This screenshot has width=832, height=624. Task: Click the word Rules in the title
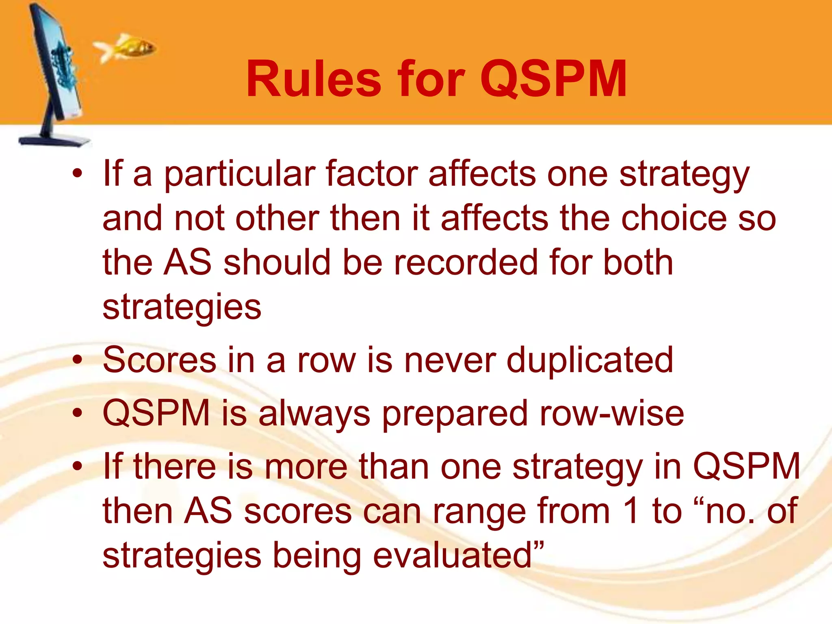point(314,79)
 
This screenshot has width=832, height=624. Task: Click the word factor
point(372,174)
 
